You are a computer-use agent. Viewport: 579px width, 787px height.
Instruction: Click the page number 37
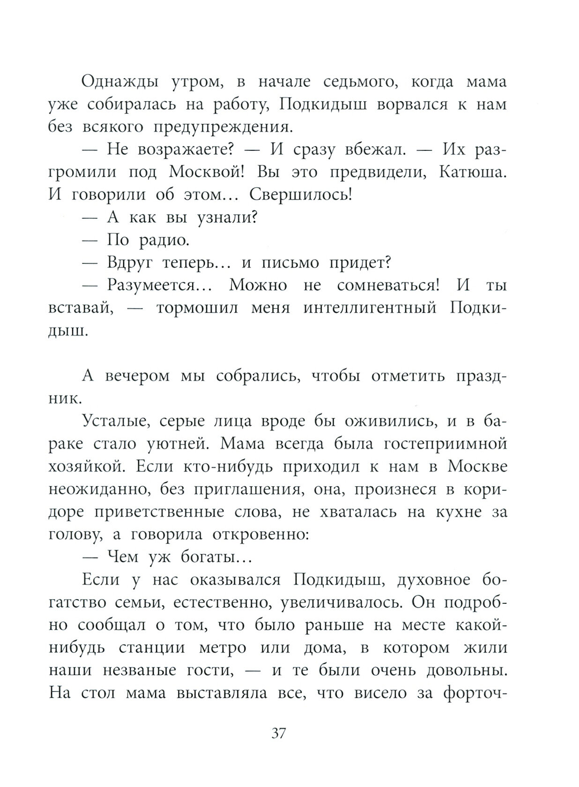278,733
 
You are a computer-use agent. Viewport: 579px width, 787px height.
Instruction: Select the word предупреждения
217,127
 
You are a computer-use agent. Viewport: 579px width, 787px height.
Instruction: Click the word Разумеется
158,285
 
